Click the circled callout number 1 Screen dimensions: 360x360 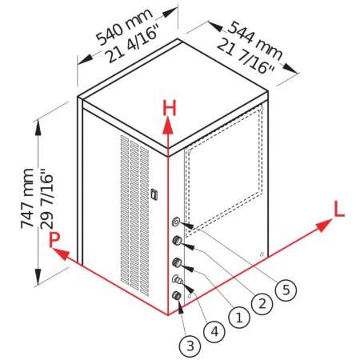(x=239, y=318)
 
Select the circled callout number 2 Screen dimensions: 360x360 (x=262, y=303)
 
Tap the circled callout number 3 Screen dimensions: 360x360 (x=190, y=346)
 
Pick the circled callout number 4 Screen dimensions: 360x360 (x=214, y=332)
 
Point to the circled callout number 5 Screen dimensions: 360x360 (x=286, y=290)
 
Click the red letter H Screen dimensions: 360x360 (x=170, y=109)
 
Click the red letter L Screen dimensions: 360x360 (x=339, y=209)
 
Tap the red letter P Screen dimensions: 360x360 (x=54, y=240)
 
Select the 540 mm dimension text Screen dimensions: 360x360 (x=124, y=27)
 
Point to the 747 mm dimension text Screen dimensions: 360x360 (x=27, y=198)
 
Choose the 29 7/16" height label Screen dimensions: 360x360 (x=47, y=198)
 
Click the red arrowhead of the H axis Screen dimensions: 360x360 (x=168, y=126)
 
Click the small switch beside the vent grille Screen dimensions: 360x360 (x=154, y=194)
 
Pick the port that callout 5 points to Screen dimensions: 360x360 (x=176, y=222)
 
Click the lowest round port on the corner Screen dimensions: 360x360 (x=177, y=295)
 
